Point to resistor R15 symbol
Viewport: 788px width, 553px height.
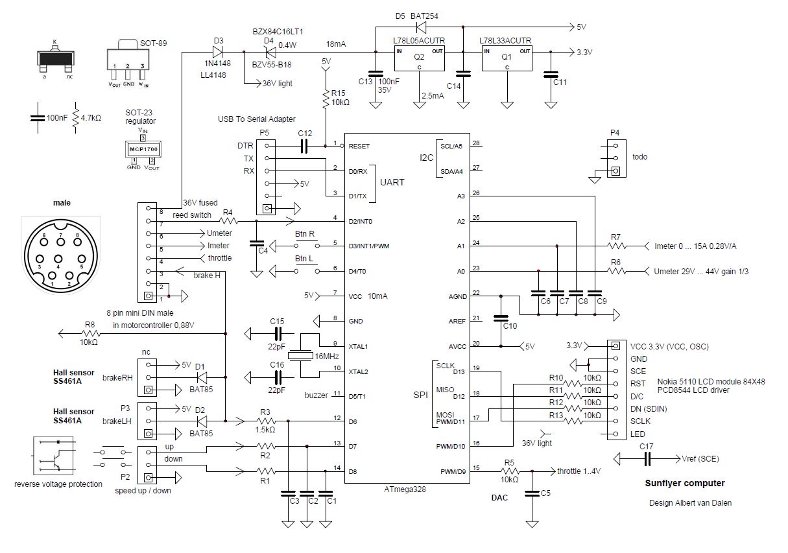coord(326,97)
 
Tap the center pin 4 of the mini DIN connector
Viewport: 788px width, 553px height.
coord(60,266)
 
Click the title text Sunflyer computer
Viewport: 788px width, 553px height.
coord(684,483)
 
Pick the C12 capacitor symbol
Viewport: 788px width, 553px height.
coord(304,147)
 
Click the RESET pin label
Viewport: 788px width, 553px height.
coord(360,147)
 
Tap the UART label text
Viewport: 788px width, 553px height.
coord(392,183)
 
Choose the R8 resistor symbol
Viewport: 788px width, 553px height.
coord(90,334)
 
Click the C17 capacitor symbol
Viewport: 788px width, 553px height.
coord(647,458)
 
